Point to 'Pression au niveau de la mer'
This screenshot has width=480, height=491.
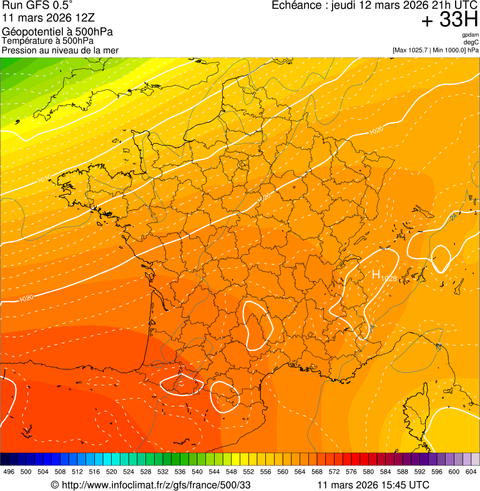point(60,50)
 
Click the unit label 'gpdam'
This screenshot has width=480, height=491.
point(470,35)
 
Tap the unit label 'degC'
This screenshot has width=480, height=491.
point(471,42)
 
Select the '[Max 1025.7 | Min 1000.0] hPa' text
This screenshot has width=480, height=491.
point(435,49)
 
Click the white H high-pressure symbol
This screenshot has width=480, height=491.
point(376,274)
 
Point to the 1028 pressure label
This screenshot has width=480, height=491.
point(388,278)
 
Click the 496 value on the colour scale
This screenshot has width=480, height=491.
point(9,472)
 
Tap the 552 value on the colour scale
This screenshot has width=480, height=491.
point(248,472)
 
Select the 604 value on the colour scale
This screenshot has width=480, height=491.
point(471,472)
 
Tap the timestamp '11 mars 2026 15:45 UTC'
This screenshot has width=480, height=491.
point(373,485)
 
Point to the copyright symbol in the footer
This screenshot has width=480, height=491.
point(54,485)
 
